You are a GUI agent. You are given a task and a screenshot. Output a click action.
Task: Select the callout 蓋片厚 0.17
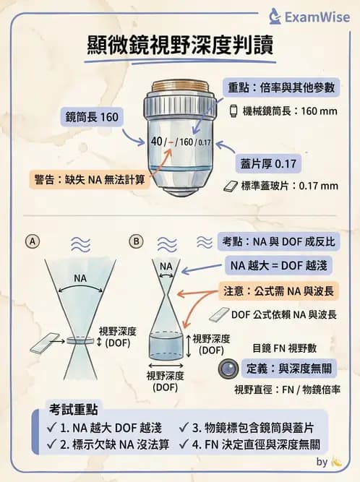[269, 163]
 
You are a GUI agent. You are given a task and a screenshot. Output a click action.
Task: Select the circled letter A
[33, 241]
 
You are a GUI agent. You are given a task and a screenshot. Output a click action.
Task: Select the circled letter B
[135, 241]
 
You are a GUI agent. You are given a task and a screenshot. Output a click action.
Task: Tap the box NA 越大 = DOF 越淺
[278, 265]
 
